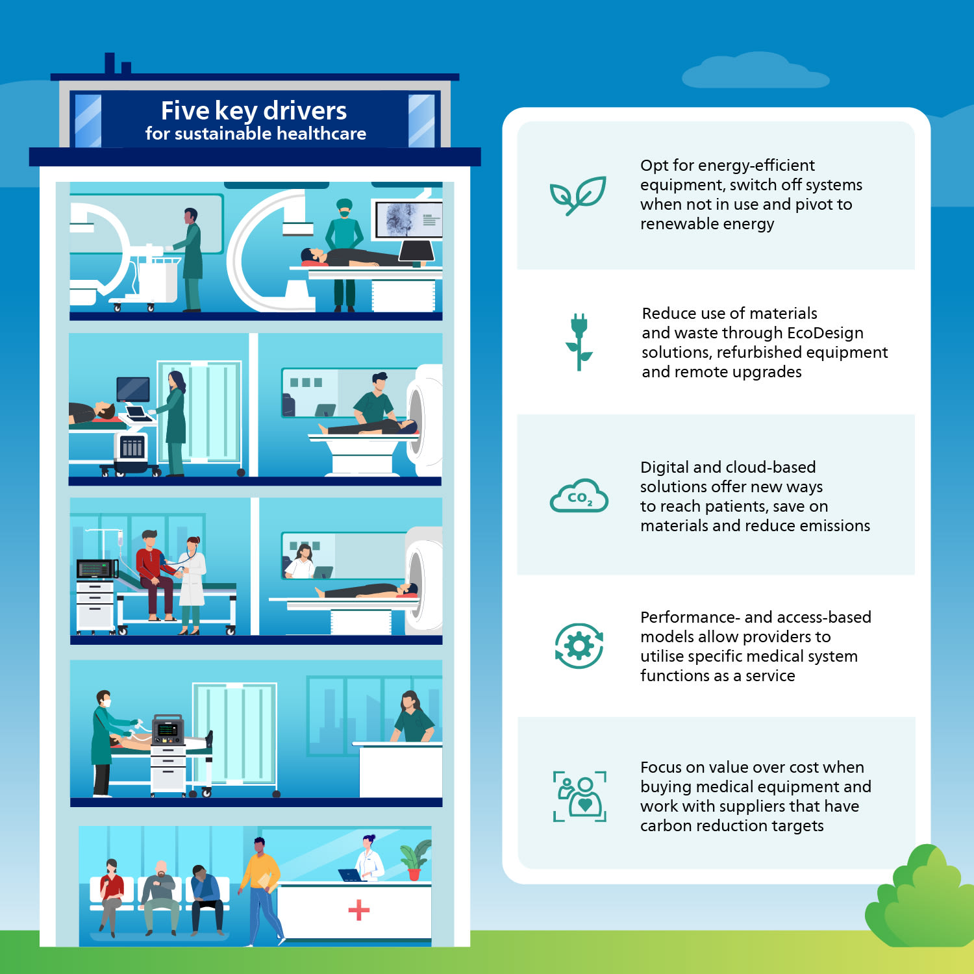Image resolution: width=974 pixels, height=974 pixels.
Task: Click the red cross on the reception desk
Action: pos(358,910)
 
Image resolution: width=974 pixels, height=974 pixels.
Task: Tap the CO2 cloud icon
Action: pos(579,496)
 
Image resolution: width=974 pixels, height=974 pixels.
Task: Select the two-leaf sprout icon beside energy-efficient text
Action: pos(578,195)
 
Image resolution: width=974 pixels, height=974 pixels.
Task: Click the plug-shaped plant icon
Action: pos(579,342)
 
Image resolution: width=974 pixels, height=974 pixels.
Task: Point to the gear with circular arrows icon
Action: pos(579,646)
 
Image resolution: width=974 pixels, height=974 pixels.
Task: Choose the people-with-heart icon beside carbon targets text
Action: pos(579,797)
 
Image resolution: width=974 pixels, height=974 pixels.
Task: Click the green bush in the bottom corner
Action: pos(921,896)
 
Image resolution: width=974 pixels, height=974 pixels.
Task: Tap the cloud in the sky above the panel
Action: pos(755,71)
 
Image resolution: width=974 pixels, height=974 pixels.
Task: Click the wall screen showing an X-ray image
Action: pos(408,219)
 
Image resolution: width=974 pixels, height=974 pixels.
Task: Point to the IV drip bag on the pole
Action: pos(120,538)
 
